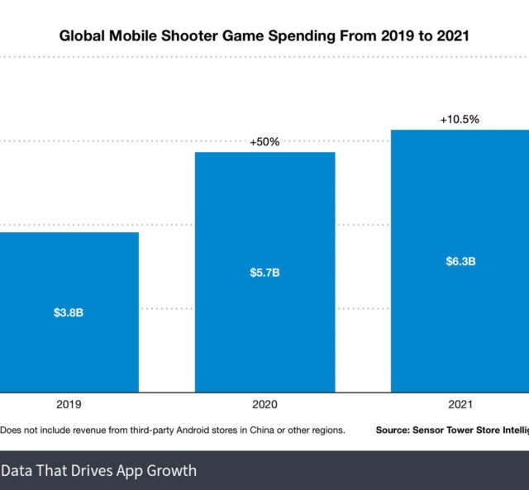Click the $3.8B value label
click(x=68, y=313)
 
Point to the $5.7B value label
click(x=264, y=273)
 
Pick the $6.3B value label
click(x=460, y=261)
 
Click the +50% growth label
click(x=264, y=141)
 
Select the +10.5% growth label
click(x=460, y=119)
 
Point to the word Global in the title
click(x=79, y=36)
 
